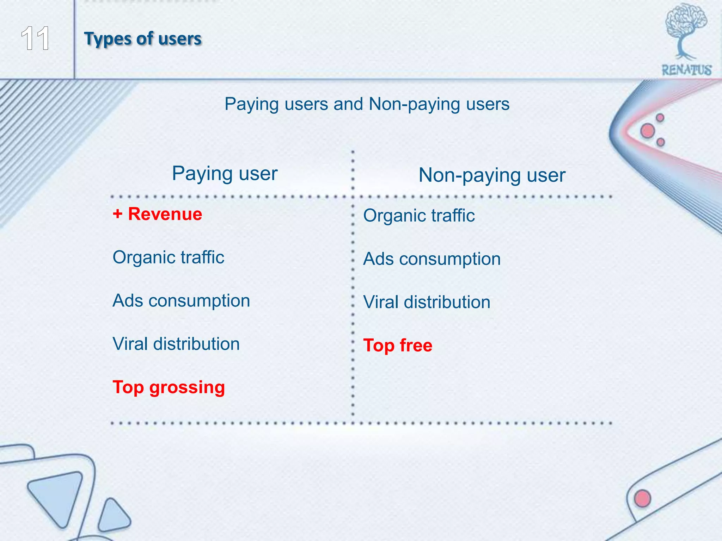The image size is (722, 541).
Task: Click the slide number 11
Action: pyautogui.click(x=35, y=39)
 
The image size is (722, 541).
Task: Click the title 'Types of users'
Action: pyautogui.click(x=143, y=38)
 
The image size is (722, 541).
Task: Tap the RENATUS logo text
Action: pyautogui.click(x=686, y=70)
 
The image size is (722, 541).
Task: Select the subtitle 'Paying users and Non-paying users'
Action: pyautogui.click(x=367, y=104)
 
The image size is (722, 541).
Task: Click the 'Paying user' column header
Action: pyautogui.click(x=225, y=174)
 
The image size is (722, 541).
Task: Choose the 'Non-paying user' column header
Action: pyautogui.click(x=492, y=175)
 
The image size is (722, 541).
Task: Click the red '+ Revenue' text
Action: pyautogui.click(x=157, y=214)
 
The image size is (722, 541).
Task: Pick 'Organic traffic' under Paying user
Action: pyautogui.click(x=168, y=257)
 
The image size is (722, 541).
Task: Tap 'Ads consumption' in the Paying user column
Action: pyautogui.click(x=181, y=301)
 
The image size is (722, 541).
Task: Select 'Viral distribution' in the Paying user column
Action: pyautogui.click(x=176, y=344)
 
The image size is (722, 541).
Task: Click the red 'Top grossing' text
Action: pyautogui.click(x=169, y=387)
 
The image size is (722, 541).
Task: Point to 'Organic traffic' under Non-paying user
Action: pyautogui.click(x=419, y=216)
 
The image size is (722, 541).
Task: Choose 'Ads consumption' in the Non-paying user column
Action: pyautogui.click(x=432, y=259)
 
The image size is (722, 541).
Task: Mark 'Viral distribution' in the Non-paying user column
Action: pyautogui.click(x=427, y=302)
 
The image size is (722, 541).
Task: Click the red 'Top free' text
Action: pyautogui.click(x=398, y=346)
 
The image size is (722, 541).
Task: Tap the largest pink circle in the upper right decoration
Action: pyautogui.click(x=648, y=131)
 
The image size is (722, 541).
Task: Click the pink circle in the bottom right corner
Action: pyautogui.click(x=642, y=498)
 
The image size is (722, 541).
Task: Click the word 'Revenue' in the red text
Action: pyautogui.click(x=165, y=214)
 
